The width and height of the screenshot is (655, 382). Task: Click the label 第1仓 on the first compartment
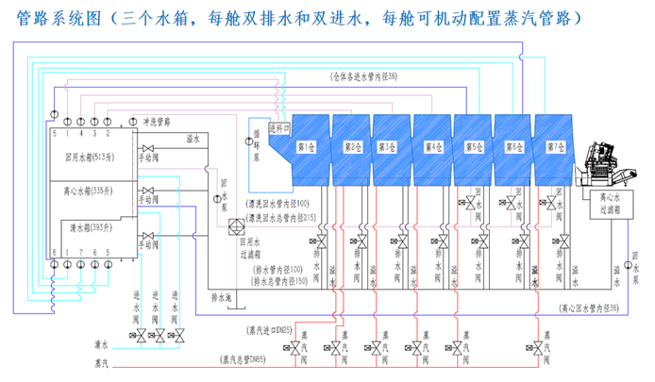tap(306, 147)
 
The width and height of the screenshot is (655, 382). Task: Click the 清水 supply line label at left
tap(101, 345)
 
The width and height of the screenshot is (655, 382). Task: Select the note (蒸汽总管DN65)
tap(248, 359)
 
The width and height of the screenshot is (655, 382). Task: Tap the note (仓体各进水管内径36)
tap(364, 75)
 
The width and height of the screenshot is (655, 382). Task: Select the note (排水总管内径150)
tap(285, 282)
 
